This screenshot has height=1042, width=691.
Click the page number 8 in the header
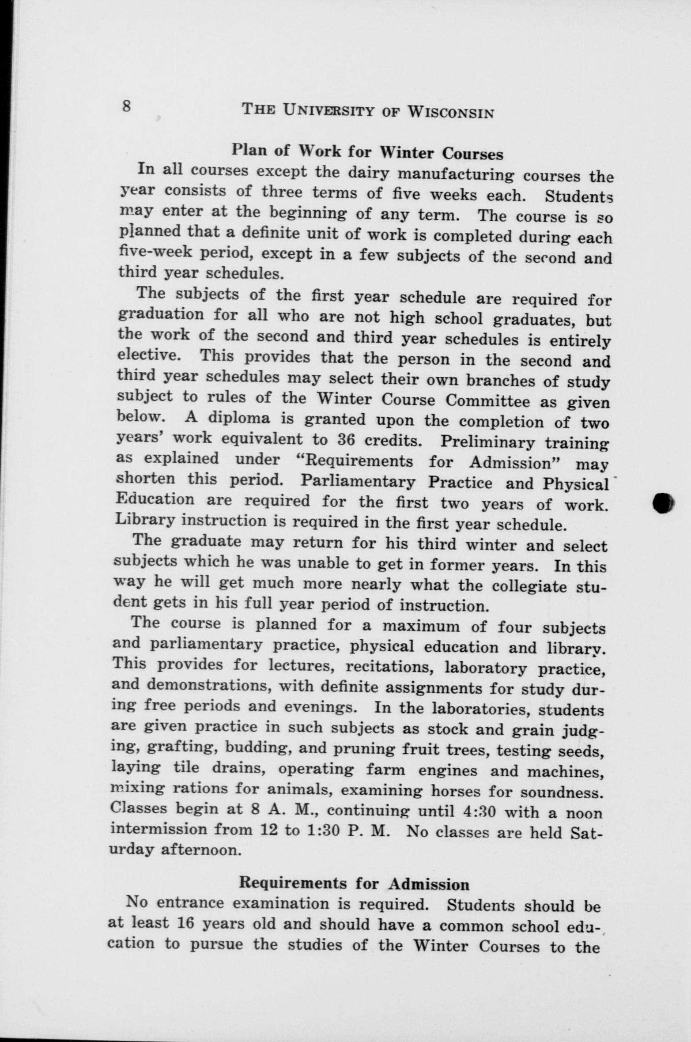pyautogui.click(x=127, y=106)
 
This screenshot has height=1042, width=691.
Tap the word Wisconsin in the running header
pyautogui.click(x=450, y=112)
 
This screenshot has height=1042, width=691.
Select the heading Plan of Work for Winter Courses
pyautogui.click(x=367, y=152)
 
